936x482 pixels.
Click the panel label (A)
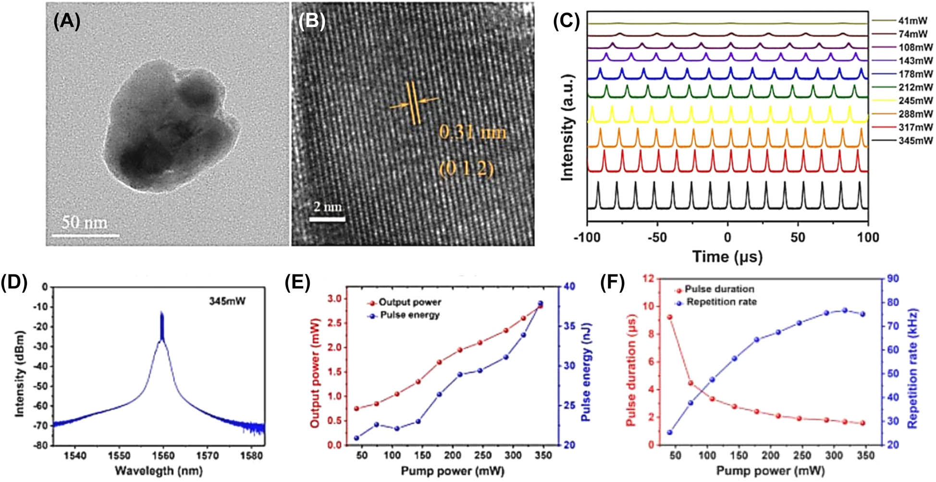pyautogui.click(x=67, y=22)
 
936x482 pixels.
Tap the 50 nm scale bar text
pyautogui.click(x=85, y=223)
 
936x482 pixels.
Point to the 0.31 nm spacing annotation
pyautogui.click(x=473, y=132)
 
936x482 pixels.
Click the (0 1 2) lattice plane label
pyautogui.click(x=466, y=169)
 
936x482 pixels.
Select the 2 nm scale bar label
pyautogui.click(x=328, y=207)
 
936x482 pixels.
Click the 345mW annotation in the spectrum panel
pyautogui.click(x=227, y=301)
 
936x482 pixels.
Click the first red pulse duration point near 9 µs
pyautogui.click(x=670, y=317)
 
